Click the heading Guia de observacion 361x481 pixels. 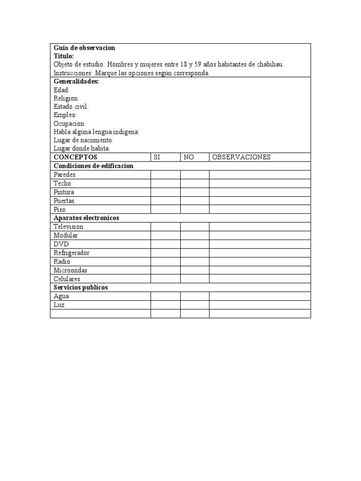click(84, 48)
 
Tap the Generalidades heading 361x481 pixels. click(76, 81)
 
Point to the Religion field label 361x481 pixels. click(66, 98)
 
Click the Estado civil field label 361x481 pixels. click(71, 107)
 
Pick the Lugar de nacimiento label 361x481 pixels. click(84, 140)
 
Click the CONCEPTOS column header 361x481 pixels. click(75, 157)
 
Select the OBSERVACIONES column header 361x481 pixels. click(241, 157)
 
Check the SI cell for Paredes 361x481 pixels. click(165, 175)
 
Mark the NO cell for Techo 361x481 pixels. click(195, 183)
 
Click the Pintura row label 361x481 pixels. click(64, 192)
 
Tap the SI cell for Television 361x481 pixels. click(165, 227)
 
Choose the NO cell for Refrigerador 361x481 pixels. click(195, 253)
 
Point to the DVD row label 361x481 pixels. click(61, 244)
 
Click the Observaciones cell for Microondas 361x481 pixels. click(260, 271)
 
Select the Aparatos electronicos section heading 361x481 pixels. click(86, 218)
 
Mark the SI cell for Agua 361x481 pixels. click(165, 296)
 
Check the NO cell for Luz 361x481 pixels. click(195, 305)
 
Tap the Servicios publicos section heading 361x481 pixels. click(81, 287)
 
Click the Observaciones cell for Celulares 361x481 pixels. click(260, 279)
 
